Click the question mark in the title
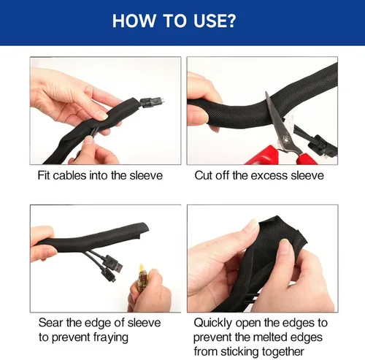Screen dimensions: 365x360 point(231,21)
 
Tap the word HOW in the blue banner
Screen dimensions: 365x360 point(134,21)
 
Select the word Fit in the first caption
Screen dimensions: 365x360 point(44,175)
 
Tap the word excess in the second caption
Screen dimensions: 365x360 point(269,176)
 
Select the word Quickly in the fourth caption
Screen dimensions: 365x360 point(213,323)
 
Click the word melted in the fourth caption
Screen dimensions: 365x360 point(270,337)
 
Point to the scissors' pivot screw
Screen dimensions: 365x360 point(285,139)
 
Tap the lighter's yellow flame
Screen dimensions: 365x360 point(141,268)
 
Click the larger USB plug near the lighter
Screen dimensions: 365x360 point(112,264)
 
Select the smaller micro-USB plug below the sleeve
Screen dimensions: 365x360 point(109,275)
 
